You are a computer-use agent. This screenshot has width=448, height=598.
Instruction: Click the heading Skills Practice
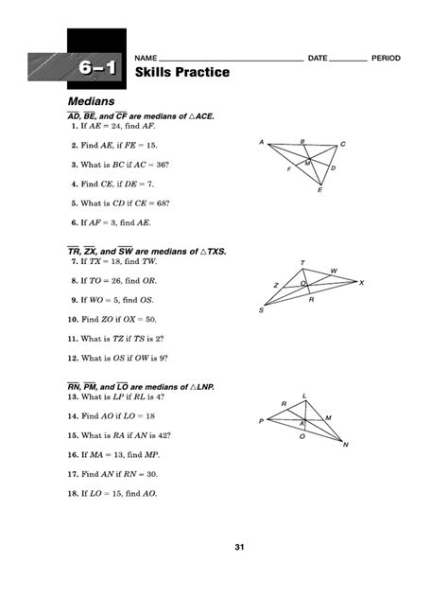[182, 73]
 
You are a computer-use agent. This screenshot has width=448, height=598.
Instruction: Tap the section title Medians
[91, 100]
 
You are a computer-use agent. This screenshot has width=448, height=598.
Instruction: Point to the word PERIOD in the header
[386, 59]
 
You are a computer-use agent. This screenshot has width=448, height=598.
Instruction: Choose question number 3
[73, 166]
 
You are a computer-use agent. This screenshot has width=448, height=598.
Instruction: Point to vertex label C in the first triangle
[342, 144]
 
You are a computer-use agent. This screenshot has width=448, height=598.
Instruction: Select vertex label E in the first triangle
[319, 191]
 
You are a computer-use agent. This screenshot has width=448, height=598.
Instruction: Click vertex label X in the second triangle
[362, 282]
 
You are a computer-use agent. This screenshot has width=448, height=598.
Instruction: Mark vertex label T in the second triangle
[302, 262]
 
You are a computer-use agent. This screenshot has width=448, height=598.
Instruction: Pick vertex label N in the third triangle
[346, 446]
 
